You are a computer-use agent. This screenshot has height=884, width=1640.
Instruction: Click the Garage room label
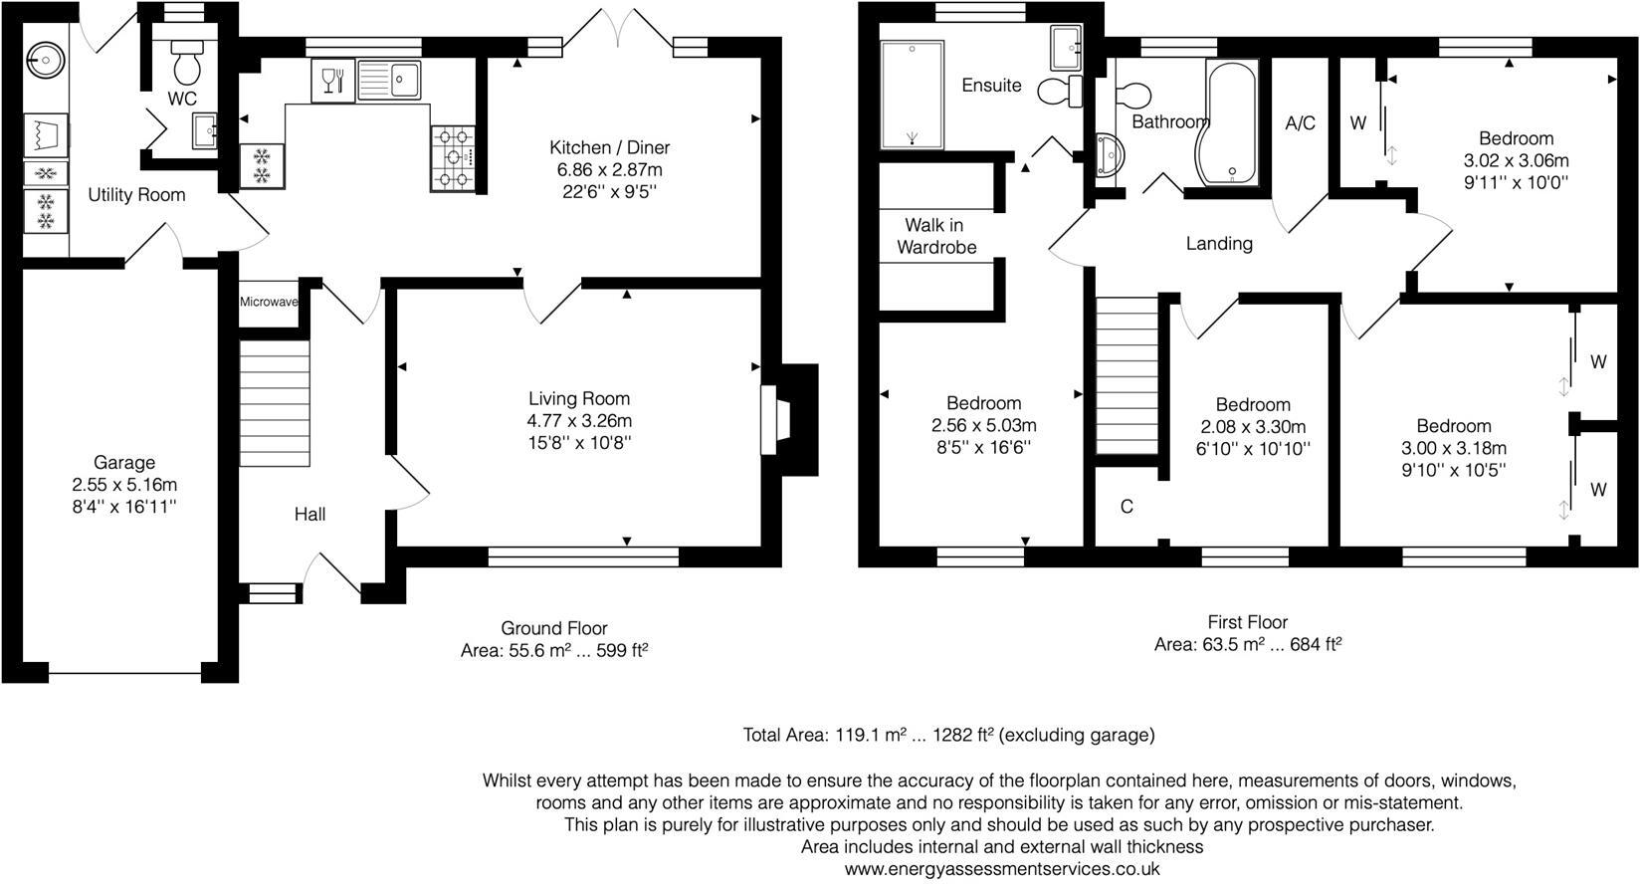click(x=124, y=463)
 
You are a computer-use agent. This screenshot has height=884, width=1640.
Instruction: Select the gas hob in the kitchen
click(x=453, y=156)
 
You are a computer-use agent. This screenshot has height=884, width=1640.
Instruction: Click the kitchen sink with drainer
click(x=390, y=80)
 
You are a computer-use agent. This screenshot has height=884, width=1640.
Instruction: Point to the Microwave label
click(x=268, y=301)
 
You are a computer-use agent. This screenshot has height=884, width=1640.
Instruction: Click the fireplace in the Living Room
click(x=773, y=420)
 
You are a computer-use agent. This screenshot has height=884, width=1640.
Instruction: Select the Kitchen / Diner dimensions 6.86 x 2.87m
click(x=609, y=170)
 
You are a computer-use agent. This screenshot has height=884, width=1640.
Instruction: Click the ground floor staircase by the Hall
click(x=274, y=403)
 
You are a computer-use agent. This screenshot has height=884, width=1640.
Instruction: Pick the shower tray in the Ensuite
click(x=912, y=95)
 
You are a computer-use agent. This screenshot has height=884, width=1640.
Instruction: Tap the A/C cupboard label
click(x=1300, y=123)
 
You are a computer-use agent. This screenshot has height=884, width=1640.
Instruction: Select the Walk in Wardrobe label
click(x=935, y=236)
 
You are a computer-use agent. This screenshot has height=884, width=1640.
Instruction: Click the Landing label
click(x=1218, y=243)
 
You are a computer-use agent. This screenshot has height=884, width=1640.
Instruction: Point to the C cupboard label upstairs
click(x=1127, y=507)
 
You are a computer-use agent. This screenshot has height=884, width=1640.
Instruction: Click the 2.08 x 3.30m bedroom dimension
click(x=1252, y=427)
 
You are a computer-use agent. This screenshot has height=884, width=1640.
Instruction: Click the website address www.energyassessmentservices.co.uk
click(x=1001, y=869)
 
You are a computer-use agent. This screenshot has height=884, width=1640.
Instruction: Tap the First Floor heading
click(x=1247, y=623)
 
